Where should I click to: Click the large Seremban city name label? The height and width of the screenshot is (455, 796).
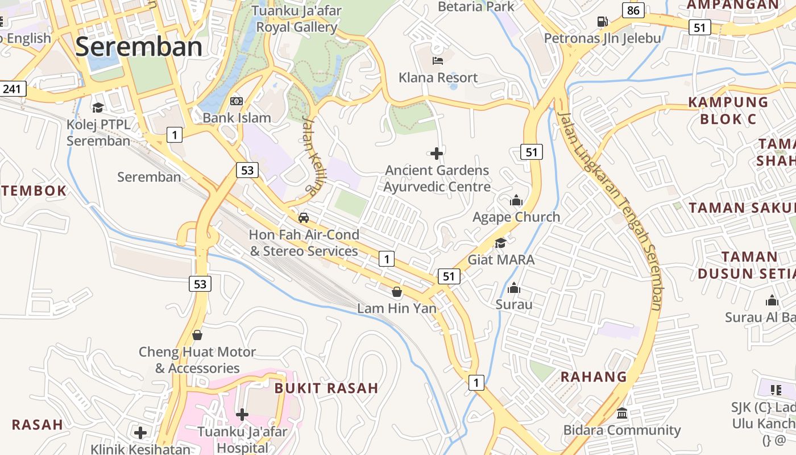(x=138, y=47)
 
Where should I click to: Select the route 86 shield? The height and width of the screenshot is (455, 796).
(x=633, y=10)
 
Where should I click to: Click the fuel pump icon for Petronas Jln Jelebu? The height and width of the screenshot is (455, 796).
(x=602, y=22)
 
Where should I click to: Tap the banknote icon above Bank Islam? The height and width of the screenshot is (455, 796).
(x=237, y=101)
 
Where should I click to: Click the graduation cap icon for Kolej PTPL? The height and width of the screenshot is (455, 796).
(x=98, y=107)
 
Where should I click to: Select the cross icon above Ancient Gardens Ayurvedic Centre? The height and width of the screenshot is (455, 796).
(x=437, y=153)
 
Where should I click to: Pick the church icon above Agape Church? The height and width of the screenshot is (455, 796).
(x=516, y=200)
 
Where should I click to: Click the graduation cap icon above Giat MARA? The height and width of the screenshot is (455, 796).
(x=500, y=243)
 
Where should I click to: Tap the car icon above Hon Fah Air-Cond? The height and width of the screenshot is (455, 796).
(x=304, y=217)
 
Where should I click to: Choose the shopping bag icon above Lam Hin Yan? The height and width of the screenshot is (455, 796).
(x=397, y=292)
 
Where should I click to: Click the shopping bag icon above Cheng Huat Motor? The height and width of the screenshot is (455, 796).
(x=197, y=335)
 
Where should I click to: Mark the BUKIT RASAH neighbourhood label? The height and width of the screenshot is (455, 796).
(x=326, y=388)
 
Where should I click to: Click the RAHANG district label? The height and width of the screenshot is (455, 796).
(x=594, y=377)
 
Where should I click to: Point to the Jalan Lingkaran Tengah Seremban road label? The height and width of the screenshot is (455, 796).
(x=611, y=210)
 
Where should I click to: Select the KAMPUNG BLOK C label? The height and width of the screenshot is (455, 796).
(x=728, y=110)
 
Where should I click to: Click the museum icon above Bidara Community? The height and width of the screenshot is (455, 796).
(x=622, y=413)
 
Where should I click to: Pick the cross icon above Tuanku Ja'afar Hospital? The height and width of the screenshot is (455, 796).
(x=242, y=415)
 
